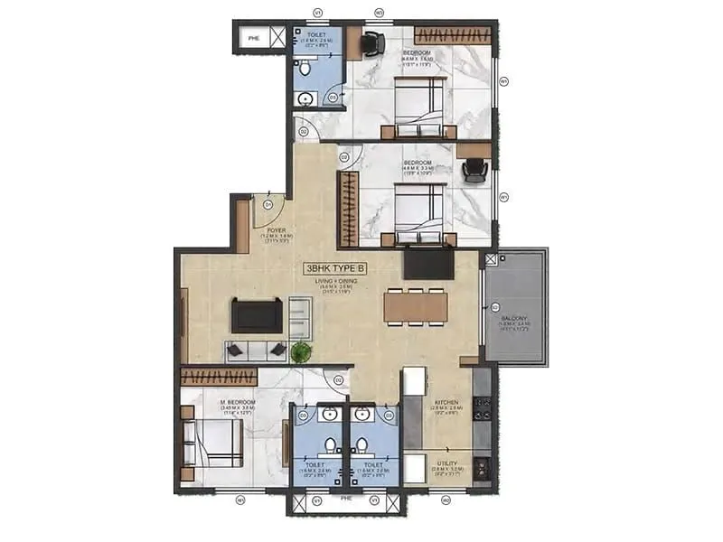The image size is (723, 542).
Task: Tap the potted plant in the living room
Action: [x=301, y=351]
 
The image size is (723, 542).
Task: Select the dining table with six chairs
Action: [x=415, y=306]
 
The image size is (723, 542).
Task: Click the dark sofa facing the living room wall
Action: [x=257, y=315]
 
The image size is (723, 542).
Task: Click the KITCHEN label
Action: [x=446, y=403]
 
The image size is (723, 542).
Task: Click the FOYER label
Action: [x=277, y=230]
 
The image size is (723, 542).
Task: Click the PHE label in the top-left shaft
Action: [x=253, y=39]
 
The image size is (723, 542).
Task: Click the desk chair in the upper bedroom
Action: [x=372, y=42]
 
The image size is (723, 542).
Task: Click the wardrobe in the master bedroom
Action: [x=219, y=377]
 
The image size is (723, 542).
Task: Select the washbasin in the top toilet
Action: [x=306, y=98]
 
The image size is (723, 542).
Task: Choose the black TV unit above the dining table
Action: [x=427, y=262]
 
